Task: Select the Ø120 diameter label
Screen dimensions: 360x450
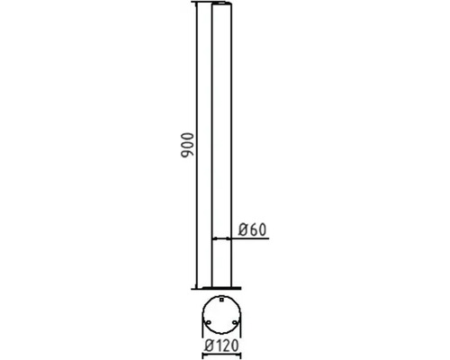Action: tap(220, 345)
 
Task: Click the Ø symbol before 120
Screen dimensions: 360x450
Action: tap(208, 345)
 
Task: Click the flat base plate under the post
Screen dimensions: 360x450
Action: tap(220, 289)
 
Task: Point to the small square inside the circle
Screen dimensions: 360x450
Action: tap(221, 299)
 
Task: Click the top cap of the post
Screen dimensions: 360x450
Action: tap(221, 6)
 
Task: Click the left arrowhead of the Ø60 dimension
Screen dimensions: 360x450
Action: tap(213, 239)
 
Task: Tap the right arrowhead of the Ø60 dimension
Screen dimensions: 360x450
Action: tap(229, 239)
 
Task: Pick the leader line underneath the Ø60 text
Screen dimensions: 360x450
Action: tap(252, 239)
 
